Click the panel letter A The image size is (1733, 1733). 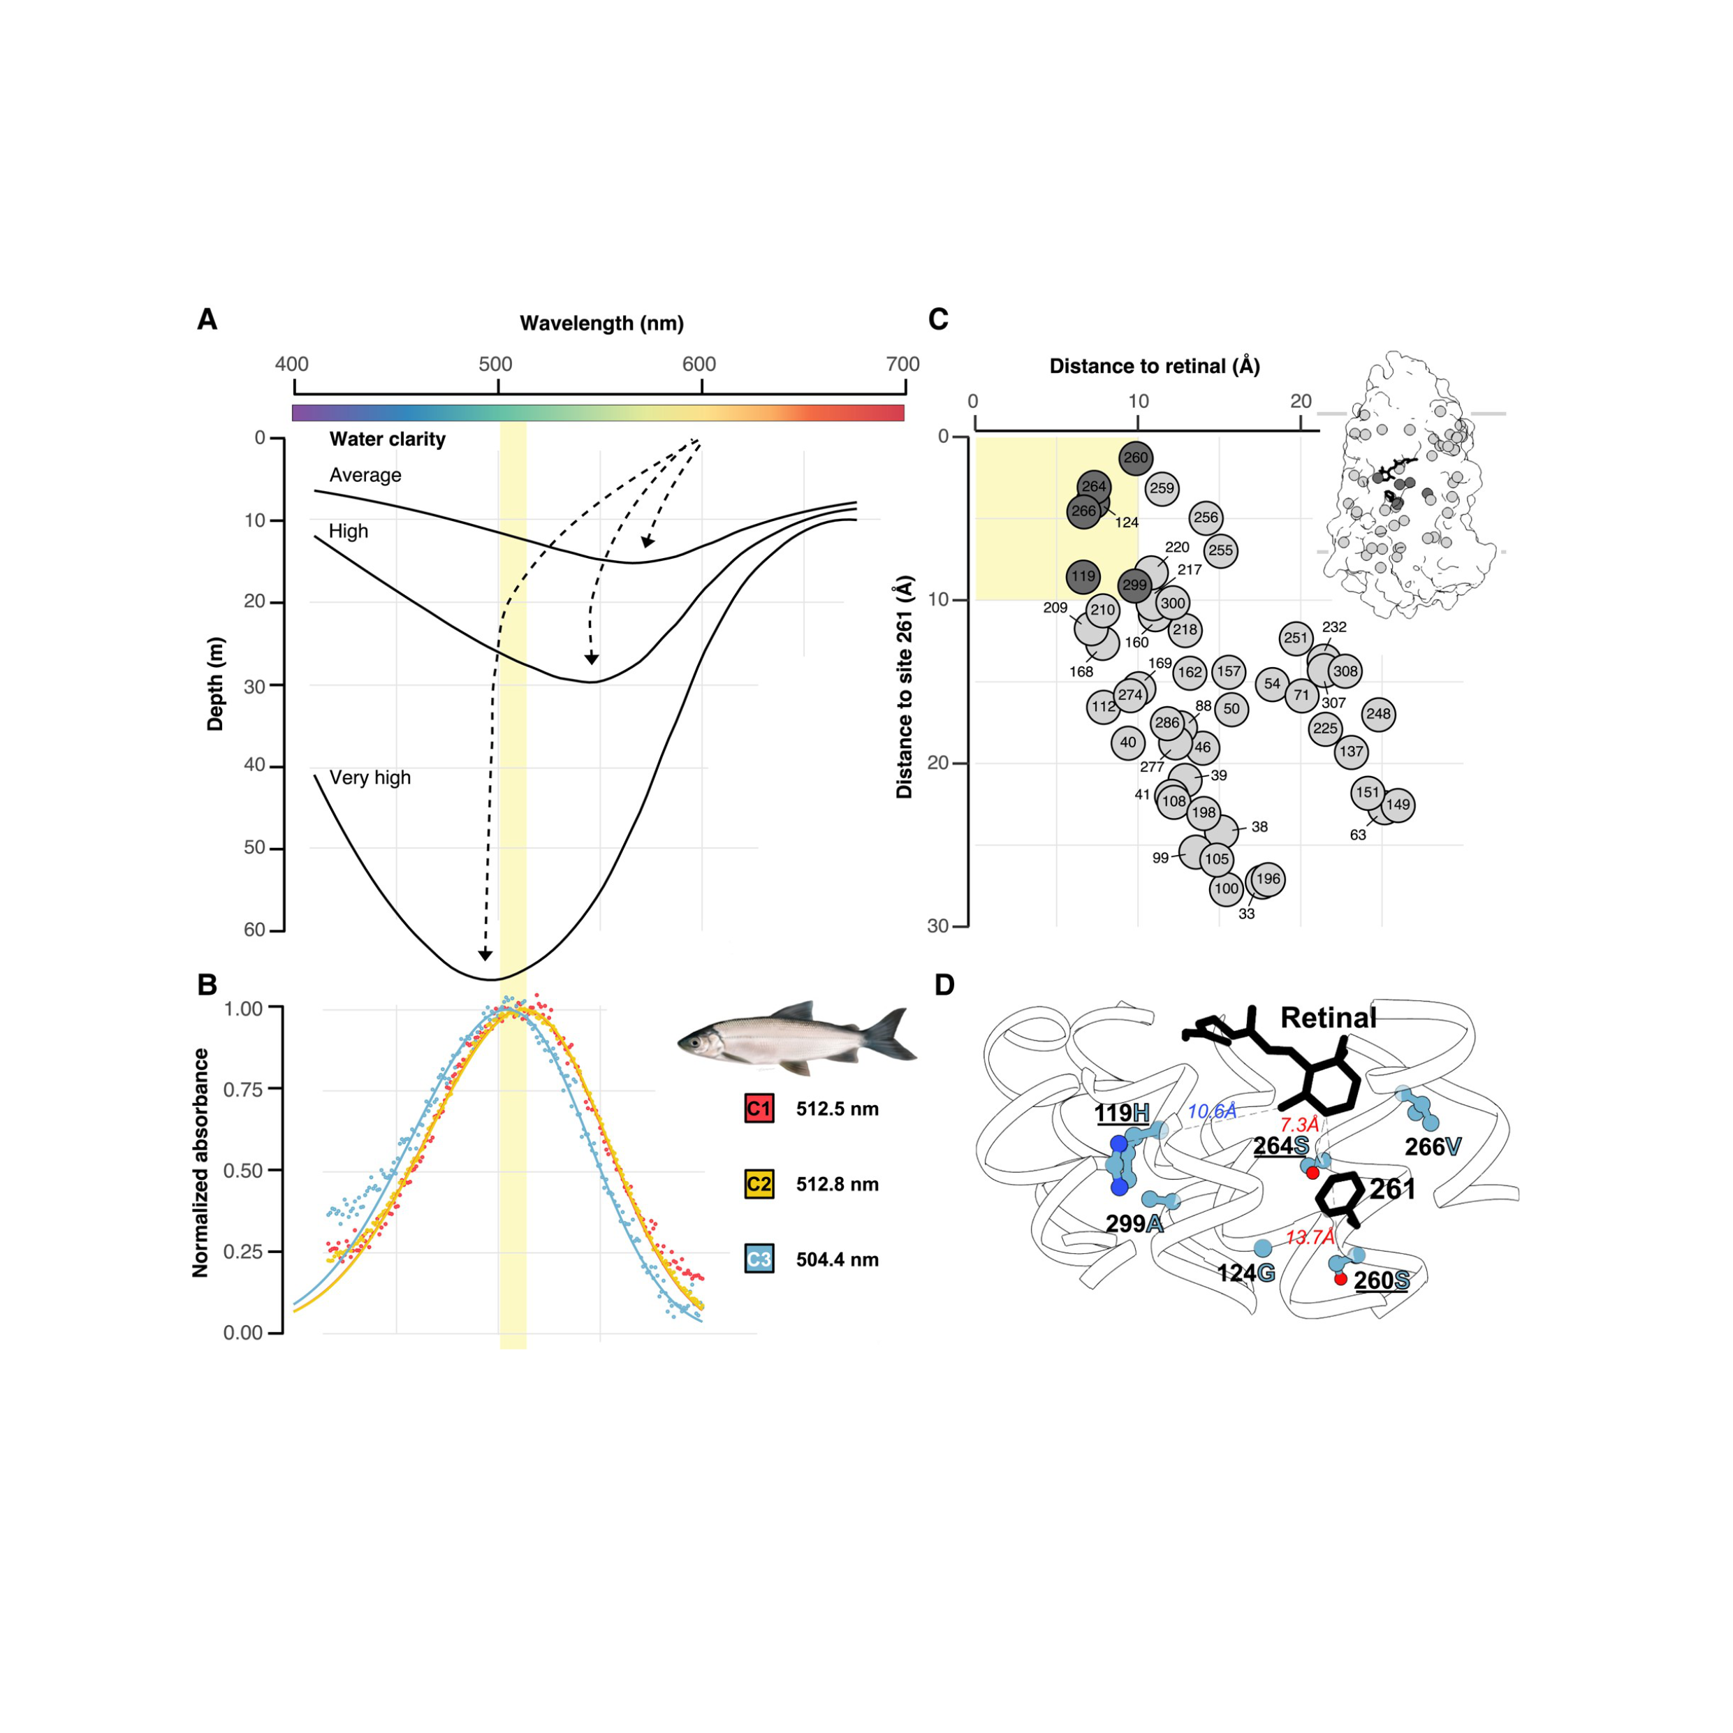tap(207, 319)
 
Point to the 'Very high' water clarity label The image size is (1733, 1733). tap(370, 777)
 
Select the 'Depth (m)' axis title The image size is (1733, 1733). tap(215, 684)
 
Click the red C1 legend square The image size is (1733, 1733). tap(758, 1109)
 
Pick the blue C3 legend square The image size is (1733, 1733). tap(758, 1259)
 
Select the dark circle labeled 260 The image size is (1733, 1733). tap(1136, 458)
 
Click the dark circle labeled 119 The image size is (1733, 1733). tap(1083, 576)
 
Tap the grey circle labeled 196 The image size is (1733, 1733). tap(1268, 879)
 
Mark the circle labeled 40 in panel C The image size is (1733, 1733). tap(1127, 742)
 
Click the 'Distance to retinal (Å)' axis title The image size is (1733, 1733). tap(1155, 366)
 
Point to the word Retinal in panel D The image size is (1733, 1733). tap(1328, 1018)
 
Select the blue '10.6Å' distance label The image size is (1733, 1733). tap(1212, 1112)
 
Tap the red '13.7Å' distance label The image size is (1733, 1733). tap(1310, 1238)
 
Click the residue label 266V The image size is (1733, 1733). tap(1433, 1146)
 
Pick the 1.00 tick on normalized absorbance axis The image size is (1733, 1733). tap(243, 1008)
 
